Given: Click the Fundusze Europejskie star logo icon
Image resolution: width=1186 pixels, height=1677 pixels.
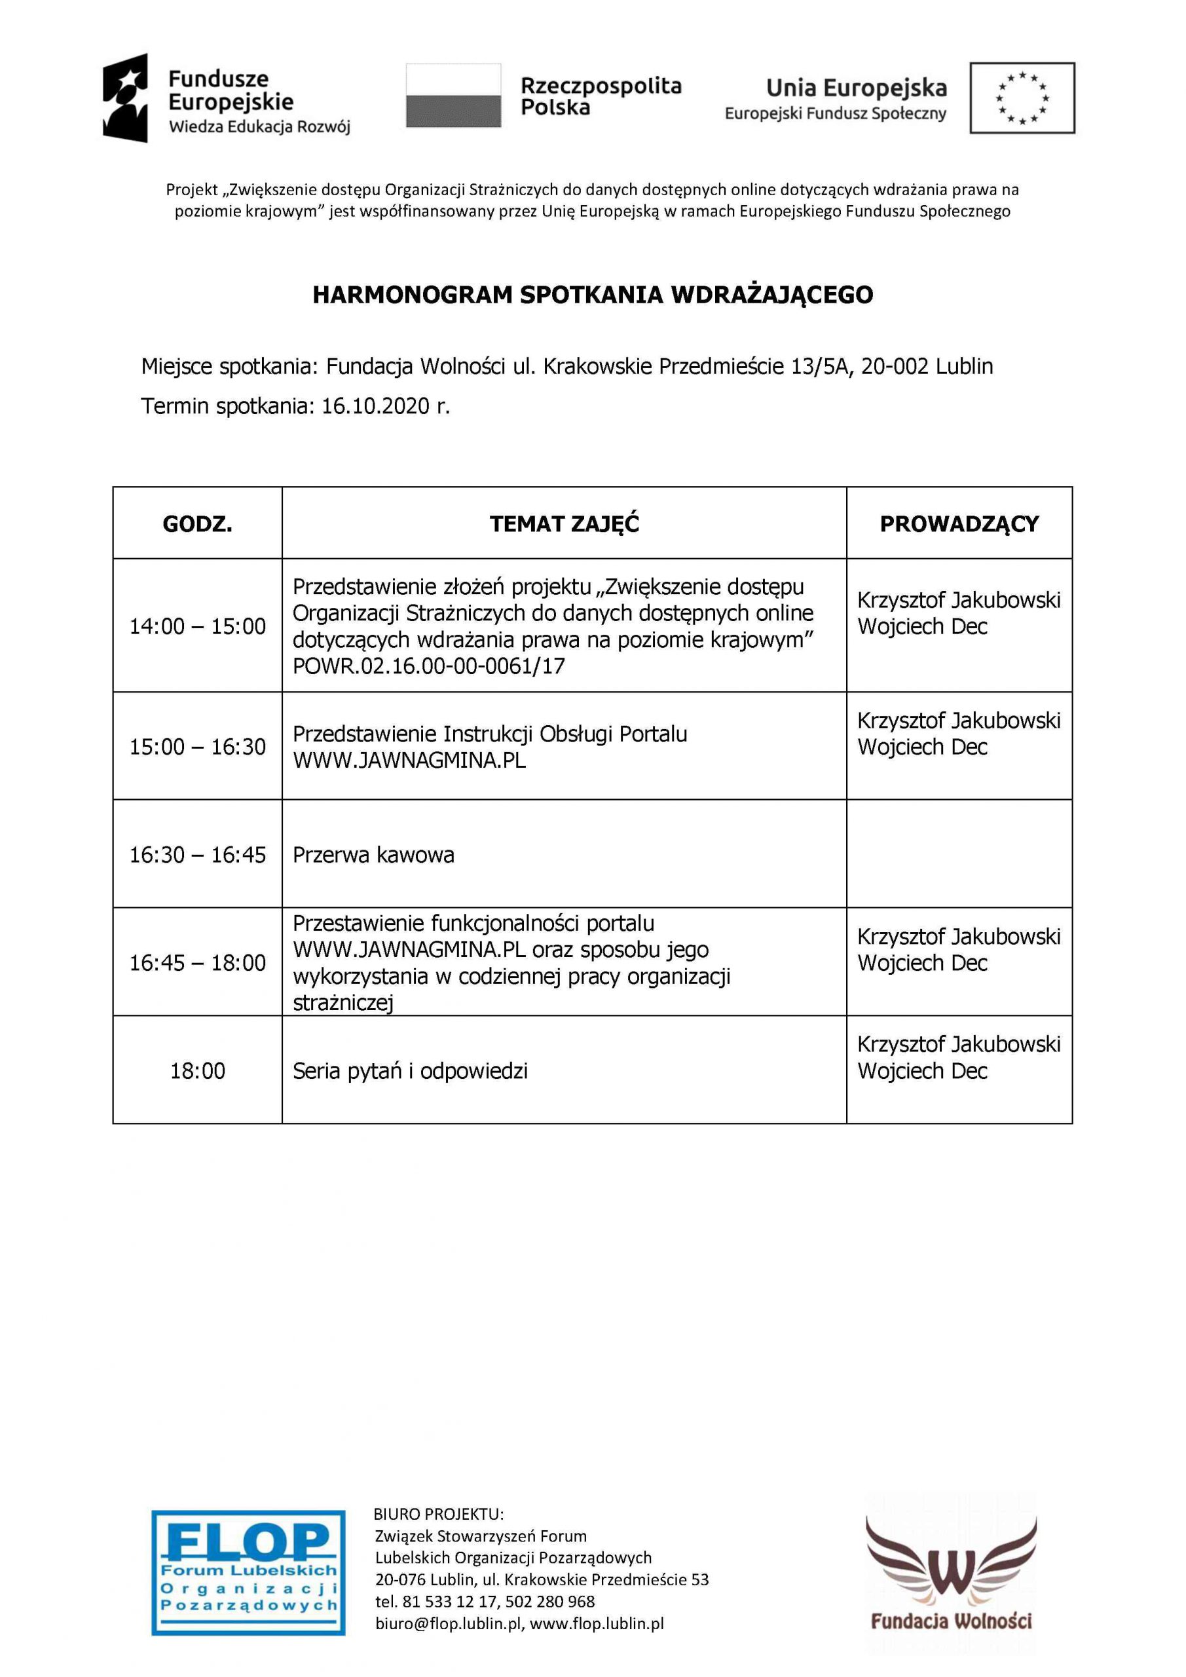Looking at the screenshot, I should [126, 98].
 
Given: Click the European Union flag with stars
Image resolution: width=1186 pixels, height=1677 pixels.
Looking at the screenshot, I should [1022, 98].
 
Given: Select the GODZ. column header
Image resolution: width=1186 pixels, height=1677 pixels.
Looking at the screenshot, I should [197, 523].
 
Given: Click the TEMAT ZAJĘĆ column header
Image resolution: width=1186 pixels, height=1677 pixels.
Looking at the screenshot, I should [564, 523].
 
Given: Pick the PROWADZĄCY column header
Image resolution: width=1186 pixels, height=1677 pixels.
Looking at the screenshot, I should [959, 523].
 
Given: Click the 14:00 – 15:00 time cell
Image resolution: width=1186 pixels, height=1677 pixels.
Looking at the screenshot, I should [197, 626].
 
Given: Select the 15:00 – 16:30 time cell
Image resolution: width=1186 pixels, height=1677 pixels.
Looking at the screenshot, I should [197, 747].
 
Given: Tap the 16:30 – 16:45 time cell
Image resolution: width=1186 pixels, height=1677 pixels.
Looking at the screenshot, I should [197, 855].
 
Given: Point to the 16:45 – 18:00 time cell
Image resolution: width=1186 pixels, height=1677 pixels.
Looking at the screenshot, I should [197, 963].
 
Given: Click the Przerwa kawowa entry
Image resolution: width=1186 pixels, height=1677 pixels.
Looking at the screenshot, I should [373, 855].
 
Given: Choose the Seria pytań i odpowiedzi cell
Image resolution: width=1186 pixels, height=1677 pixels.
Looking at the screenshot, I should [410, 1071].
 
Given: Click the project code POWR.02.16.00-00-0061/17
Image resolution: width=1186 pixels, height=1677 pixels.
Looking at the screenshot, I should [429, 666].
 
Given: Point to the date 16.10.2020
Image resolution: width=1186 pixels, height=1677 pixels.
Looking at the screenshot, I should [375, 406].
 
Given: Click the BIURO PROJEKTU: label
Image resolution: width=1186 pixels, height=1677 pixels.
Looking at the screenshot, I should [438, 1513].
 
